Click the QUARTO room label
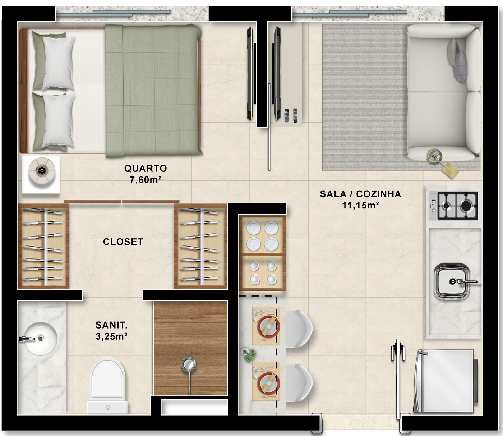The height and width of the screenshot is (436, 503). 145,168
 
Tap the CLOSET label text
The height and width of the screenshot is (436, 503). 123,242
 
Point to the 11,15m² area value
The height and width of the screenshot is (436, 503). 360,205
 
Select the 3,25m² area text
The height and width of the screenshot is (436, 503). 111,336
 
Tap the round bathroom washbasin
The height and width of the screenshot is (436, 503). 41,338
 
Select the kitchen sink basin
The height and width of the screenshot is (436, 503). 452,281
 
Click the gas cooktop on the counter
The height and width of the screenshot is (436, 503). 453,206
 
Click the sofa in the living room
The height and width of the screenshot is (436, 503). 444,92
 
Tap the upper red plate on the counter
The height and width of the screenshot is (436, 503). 269,326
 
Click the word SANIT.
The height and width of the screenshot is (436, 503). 111,325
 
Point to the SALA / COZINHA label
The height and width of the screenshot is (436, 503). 360,194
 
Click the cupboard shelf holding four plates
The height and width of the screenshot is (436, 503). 262,235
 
